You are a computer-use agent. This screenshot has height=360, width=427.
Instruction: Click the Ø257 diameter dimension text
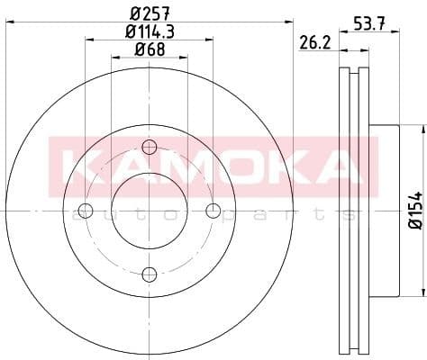coord(149,13)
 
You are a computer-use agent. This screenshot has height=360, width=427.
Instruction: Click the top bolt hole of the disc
coord(150,148)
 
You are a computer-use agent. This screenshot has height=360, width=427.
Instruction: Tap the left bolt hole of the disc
coord(86,211)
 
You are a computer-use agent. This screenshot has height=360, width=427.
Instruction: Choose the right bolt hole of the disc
coord(213,211)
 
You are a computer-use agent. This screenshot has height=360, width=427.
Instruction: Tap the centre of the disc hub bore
coord(150,211)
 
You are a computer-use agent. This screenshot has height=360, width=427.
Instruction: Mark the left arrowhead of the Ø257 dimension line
coord(7,22)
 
